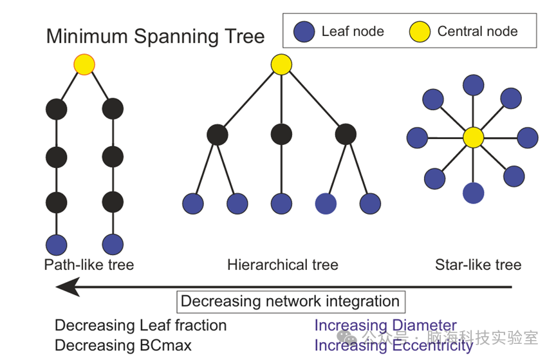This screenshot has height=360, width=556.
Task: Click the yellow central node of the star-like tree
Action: click(473, 138)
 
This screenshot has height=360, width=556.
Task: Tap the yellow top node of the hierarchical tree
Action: click(281, 64)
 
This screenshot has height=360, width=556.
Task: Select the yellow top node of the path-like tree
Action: click(84, 64)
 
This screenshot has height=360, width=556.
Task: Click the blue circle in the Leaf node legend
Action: click(304, 32)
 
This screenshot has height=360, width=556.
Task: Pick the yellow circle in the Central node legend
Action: click(420, 32)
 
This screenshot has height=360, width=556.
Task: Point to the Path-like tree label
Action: click(89, 265)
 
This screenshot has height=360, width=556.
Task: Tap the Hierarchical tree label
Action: click(283, 265)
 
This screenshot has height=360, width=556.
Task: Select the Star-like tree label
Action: click(478, 265)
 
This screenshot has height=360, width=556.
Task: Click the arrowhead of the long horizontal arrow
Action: click(68, 287)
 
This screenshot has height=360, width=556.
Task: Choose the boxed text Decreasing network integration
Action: click(290, 301)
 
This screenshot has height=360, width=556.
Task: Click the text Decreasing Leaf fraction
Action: click(140, 326)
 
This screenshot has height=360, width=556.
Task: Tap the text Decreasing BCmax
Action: click(123, 346)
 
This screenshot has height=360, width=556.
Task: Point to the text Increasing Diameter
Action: click(385, 326)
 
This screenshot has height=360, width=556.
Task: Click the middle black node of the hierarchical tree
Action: click(281, 135)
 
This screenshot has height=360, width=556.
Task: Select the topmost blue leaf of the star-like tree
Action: click(474, 85)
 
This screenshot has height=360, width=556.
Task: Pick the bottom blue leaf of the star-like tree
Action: click(474, 193)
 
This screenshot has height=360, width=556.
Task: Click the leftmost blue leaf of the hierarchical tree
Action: click(193, 204)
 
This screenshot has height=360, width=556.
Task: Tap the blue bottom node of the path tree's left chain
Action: click(57, 245)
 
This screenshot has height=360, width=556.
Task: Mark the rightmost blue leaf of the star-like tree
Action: click(527, 138)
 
